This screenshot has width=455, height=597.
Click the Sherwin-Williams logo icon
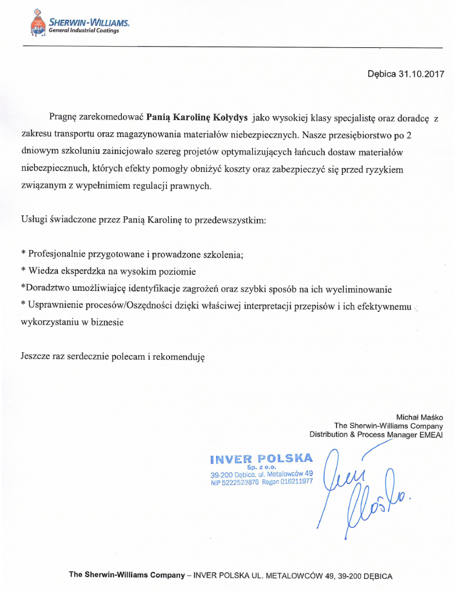pyautogui.click(x=38, y=23)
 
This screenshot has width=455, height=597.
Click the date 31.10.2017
pyautogui.click(x=421, y=74)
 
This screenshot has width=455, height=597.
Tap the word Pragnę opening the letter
pyautogui.click(x=63, y=117)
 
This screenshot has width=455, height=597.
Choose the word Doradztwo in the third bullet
pyautogui.click(x=45, y=289)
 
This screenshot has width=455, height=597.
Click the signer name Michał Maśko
pyautogui.click(x=419, y=417)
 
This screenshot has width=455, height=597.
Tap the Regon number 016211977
pyautogui.click(x=298, y=482)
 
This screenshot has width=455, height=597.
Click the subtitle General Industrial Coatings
pyautogui.click(x=84, y=31)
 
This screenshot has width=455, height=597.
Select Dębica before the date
pyautogui.click(x=382, y=74)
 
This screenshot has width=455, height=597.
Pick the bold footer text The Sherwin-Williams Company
pyautogui.click(x=126, y=574)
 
